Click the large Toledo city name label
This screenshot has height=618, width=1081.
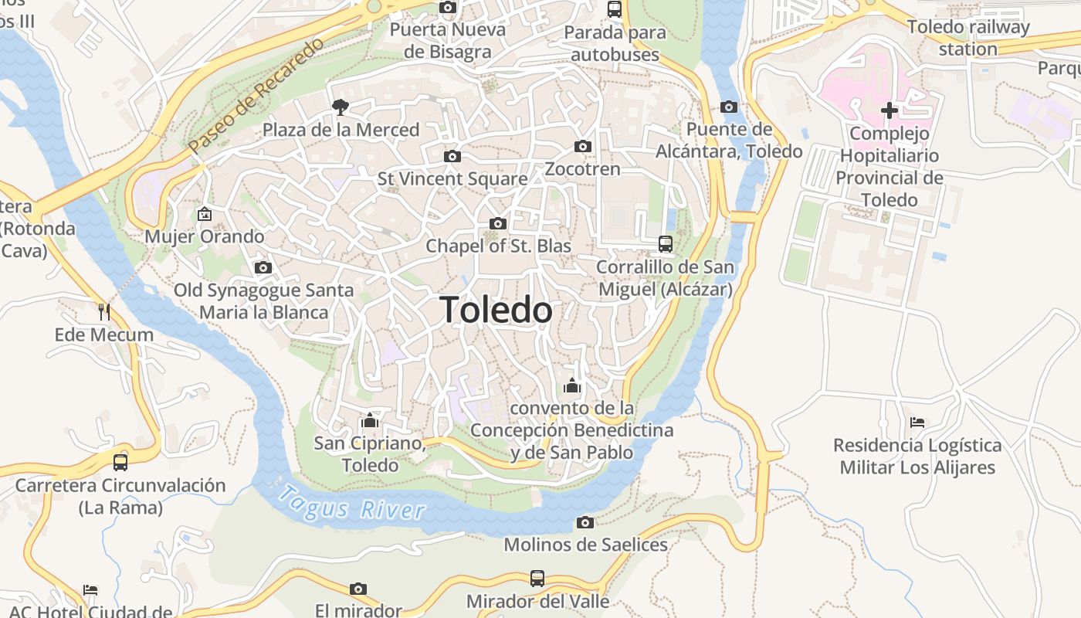(x=496, y=311)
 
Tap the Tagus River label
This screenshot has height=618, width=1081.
(x=352, y=502)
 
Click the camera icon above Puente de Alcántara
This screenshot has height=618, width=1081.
(x=728, y=107)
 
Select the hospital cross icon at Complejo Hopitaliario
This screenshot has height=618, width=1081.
(x=889, y=110)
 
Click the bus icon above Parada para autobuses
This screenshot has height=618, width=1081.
(x=615, y=9)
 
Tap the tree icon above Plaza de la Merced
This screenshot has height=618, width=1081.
(x=339, y=107)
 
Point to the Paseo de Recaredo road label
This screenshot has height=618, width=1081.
(x=256, y=94)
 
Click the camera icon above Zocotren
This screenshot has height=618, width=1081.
(x=583, y=146)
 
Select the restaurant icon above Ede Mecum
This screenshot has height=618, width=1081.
(x=104, y=312)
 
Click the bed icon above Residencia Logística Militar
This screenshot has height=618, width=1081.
(x=917, y=423)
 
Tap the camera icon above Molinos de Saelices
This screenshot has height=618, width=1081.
(x=585, y=522)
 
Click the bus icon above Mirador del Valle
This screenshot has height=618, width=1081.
(x=537, y=578)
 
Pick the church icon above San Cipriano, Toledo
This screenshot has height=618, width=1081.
(x=370, y=420)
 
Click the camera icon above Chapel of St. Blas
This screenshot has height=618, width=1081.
(x=498, y=223)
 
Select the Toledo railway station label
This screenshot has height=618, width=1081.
(x=968, y=38)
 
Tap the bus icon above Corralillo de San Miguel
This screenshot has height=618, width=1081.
(x=665, y=244)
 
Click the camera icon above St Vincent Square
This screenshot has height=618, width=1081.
(x=452, y=156)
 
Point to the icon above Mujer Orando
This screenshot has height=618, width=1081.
(x=205, y=214)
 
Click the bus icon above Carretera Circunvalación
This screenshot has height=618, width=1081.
(x=120, y=463)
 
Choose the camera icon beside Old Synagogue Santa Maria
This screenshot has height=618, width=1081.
(x=263, y=267)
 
